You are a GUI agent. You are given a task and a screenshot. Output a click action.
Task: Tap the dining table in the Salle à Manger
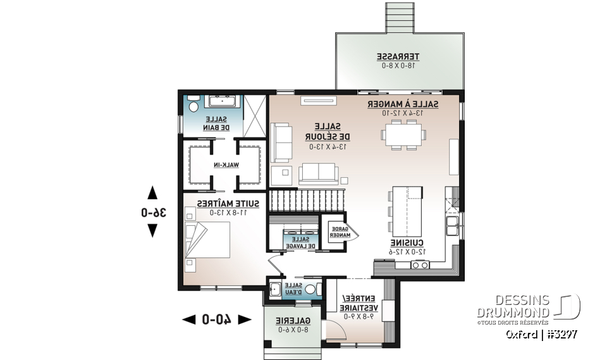[x=403, y=135]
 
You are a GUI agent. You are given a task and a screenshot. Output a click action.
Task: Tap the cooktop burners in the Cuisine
[x=420, y=264]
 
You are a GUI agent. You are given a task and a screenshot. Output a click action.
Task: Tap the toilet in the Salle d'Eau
[x=310, y=290]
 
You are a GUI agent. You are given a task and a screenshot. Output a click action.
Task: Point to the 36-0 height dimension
[x=152, y=213]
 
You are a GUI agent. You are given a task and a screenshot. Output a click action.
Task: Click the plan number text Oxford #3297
[x=542, y=333]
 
